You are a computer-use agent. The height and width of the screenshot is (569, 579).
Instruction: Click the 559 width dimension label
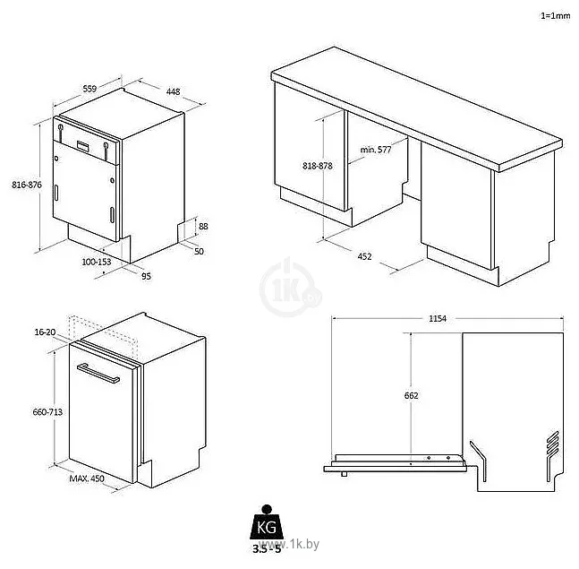(x=89, y=89)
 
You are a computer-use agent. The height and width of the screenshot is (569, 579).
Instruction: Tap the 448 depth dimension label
(x=173, y=90)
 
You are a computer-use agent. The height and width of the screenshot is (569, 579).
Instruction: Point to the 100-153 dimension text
(x=96, y=263)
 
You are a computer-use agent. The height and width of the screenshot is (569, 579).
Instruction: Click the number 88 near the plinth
(x=203, y=226)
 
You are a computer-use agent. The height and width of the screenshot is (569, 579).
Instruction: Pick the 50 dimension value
(x=200, y=251)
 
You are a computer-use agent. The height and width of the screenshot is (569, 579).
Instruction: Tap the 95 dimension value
(x=146, y=275)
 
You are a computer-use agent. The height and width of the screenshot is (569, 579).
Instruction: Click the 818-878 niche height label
(x=318, y=166)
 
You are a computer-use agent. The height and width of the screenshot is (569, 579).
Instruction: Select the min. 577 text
(x=376, y=149)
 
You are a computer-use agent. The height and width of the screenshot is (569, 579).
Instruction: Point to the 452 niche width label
(x=365, y=256)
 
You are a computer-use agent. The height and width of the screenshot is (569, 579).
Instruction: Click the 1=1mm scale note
(x=556, y=16)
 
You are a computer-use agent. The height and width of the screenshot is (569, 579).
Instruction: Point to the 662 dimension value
(x=412, y=395)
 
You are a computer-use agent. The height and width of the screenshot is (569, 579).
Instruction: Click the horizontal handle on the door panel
(x=99, y=374)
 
